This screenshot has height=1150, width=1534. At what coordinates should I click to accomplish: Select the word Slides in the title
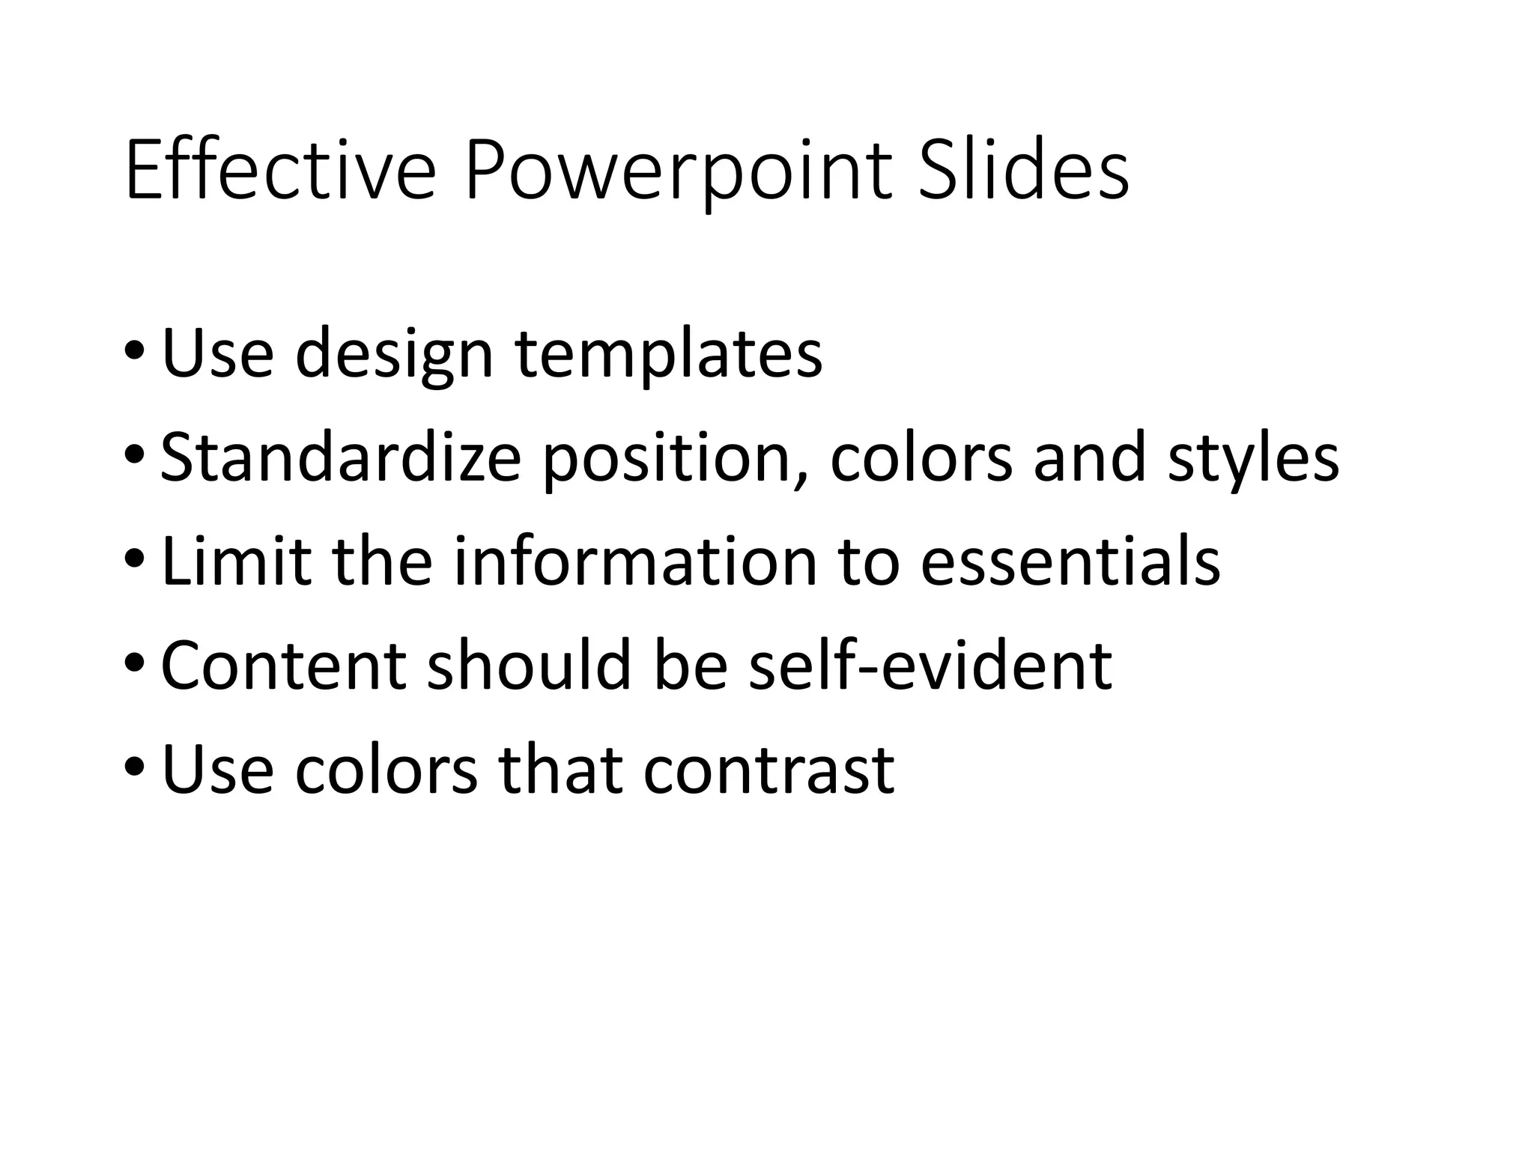(1023, 173)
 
